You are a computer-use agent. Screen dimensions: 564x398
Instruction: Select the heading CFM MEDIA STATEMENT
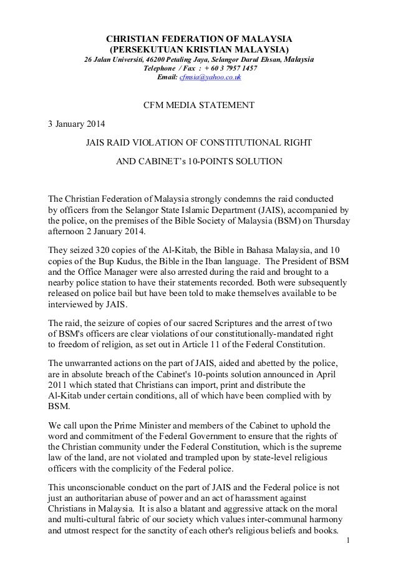coord(199,104)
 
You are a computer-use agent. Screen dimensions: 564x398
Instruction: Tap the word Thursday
coord(329,221)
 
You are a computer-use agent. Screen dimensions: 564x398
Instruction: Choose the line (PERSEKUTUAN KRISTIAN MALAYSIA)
coord(199,49)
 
